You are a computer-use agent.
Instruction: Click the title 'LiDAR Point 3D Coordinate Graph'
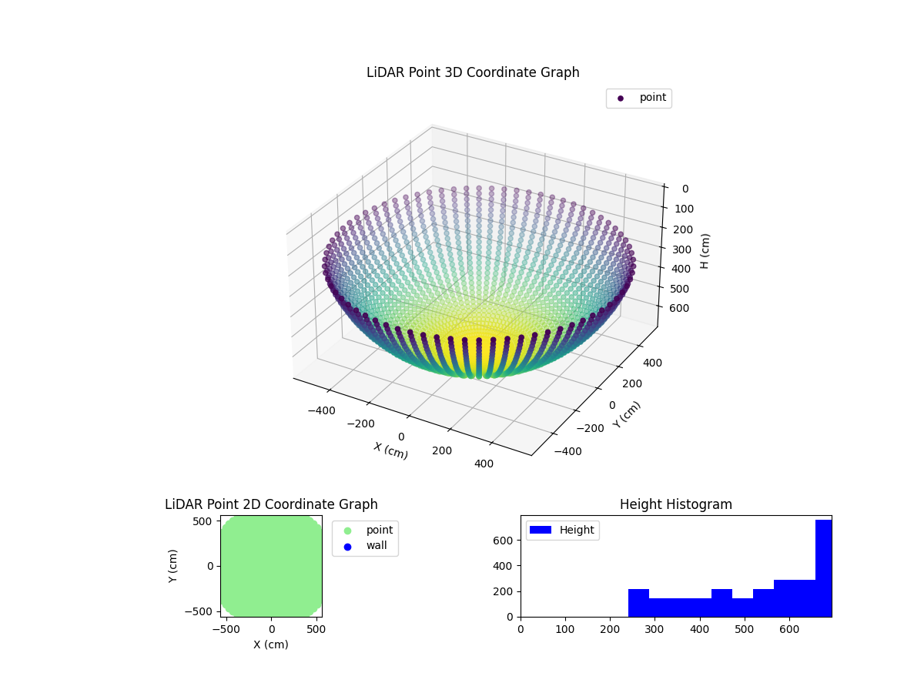(x=473, y=72)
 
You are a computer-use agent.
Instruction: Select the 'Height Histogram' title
(x=675, y=504)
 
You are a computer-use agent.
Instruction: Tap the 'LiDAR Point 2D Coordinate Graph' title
(x=271, y=504)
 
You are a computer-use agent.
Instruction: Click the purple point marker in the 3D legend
(x=621, y=99)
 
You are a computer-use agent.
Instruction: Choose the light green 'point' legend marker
(x=347, y=531)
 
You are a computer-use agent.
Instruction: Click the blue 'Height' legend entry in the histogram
(x=562, y=530)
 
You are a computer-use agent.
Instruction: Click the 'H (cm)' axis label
(x=705, y=251)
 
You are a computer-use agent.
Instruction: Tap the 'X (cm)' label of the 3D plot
(x=390, y=450)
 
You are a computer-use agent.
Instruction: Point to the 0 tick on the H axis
(x=685, y=189)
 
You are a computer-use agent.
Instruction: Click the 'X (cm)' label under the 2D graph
(x=271, y=644)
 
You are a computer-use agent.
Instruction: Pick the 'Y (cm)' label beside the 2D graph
(x=174, y=566)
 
